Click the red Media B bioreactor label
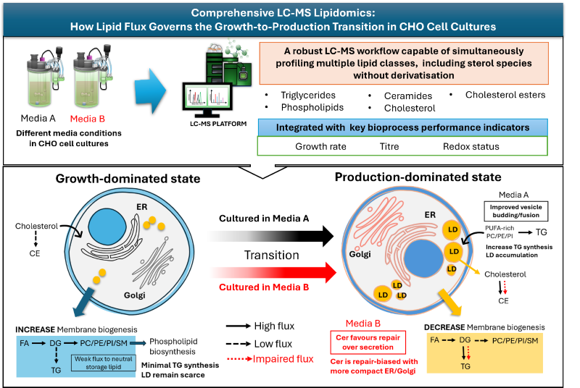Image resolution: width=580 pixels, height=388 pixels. point(88,119)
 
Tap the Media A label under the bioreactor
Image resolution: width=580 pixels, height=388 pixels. point(38,119)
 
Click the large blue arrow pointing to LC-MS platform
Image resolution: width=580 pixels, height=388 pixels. point(151,90)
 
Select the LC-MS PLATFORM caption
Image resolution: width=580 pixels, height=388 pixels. point(218,124)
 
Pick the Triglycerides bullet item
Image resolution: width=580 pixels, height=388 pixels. point(308,96)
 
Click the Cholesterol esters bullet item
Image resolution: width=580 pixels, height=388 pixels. point(505,95)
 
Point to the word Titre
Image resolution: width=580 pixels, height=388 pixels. point(389,146)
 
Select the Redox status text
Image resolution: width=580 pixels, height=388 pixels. point(471,146)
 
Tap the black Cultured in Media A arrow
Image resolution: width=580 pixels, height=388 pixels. point(271,236)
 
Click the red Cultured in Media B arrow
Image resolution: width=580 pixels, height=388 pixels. point(273,273)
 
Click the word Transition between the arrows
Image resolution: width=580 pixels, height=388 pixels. point(271,255)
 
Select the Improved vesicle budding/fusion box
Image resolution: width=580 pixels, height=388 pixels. point(516,211)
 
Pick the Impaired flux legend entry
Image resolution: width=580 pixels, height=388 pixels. point(270,359)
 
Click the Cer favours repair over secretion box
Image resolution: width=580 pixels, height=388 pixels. point(368,342)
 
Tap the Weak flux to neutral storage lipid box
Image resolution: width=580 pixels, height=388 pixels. point(104,363)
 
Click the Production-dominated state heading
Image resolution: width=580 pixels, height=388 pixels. point(418,177)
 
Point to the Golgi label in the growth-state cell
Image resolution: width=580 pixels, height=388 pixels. point(135,295)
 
